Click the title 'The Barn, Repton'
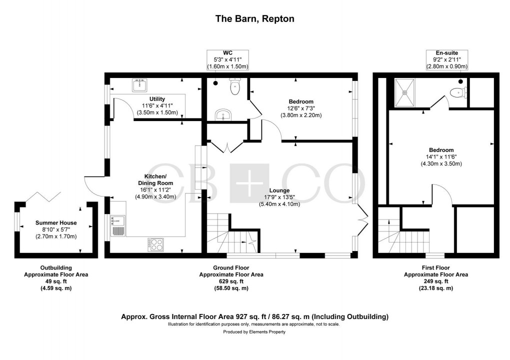pos(254,19)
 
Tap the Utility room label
pos(156,99)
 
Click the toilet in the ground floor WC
pos(234,87)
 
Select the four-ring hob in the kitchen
pos(156,244)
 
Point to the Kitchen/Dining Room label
pos(155,180)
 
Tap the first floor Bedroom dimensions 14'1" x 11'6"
pos(440,156)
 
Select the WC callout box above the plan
pos(227,59)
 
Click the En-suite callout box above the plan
pos(446,59)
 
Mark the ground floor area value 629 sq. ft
pos(231,281)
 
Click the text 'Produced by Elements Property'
pos(254,332)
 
